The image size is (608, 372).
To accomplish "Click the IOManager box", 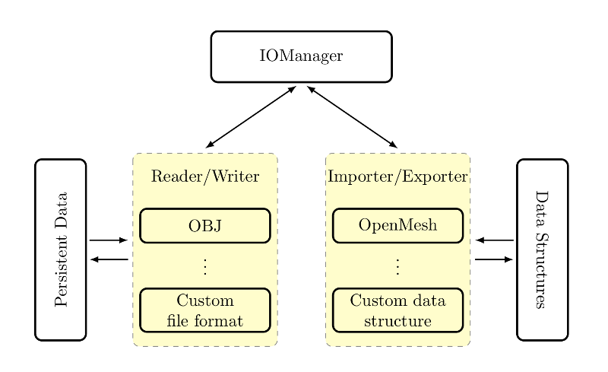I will (x=301, y=56).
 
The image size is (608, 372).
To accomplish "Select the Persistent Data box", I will (x=61, y=250).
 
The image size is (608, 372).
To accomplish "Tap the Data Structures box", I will (x=542, y=250).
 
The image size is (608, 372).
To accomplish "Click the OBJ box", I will (x=205, y=226).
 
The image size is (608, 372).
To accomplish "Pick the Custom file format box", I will (x=205, y=310).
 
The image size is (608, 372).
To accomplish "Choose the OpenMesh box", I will (x=397, y=226).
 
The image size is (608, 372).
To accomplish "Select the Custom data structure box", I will (x=397, y=310).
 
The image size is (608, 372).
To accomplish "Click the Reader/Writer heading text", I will (x=205, y=177).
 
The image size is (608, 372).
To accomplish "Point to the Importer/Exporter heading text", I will (x=397, y=177).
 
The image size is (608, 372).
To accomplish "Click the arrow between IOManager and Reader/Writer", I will (x=251, y=116).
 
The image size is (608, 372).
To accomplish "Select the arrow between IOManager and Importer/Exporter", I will (x=352, y=116).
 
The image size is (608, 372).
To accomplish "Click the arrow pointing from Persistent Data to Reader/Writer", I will (x=109, y=240).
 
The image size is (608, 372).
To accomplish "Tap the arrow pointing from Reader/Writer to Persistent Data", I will (x=109, y=259).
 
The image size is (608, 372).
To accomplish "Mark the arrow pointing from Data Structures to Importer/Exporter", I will (x=494, y=240).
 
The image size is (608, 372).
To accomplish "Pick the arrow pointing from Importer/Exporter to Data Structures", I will (x=494, y=259).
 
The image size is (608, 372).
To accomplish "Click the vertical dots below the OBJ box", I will (x=205, y=266).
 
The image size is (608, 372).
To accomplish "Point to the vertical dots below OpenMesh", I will (x=397, y=266).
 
